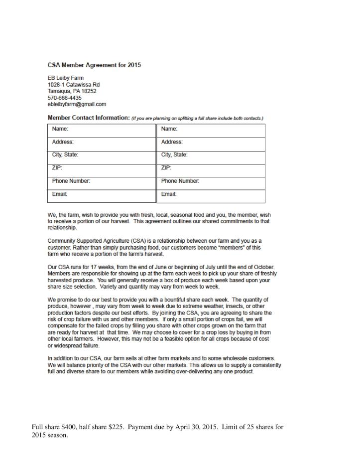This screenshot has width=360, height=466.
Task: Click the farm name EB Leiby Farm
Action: tap(65, 78)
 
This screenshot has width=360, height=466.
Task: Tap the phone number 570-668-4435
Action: tap(64, 98)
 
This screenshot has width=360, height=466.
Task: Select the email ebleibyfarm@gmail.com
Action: tap(77, 105)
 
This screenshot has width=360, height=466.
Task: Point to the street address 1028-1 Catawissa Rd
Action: tap(74, 85)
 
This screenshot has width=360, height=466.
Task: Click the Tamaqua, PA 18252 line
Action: tap(72, 91)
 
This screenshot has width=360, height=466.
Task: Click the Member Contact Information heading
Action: tap(88, 118)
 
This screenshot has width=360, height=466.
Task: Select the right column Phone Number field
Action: tap(211, 182)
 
